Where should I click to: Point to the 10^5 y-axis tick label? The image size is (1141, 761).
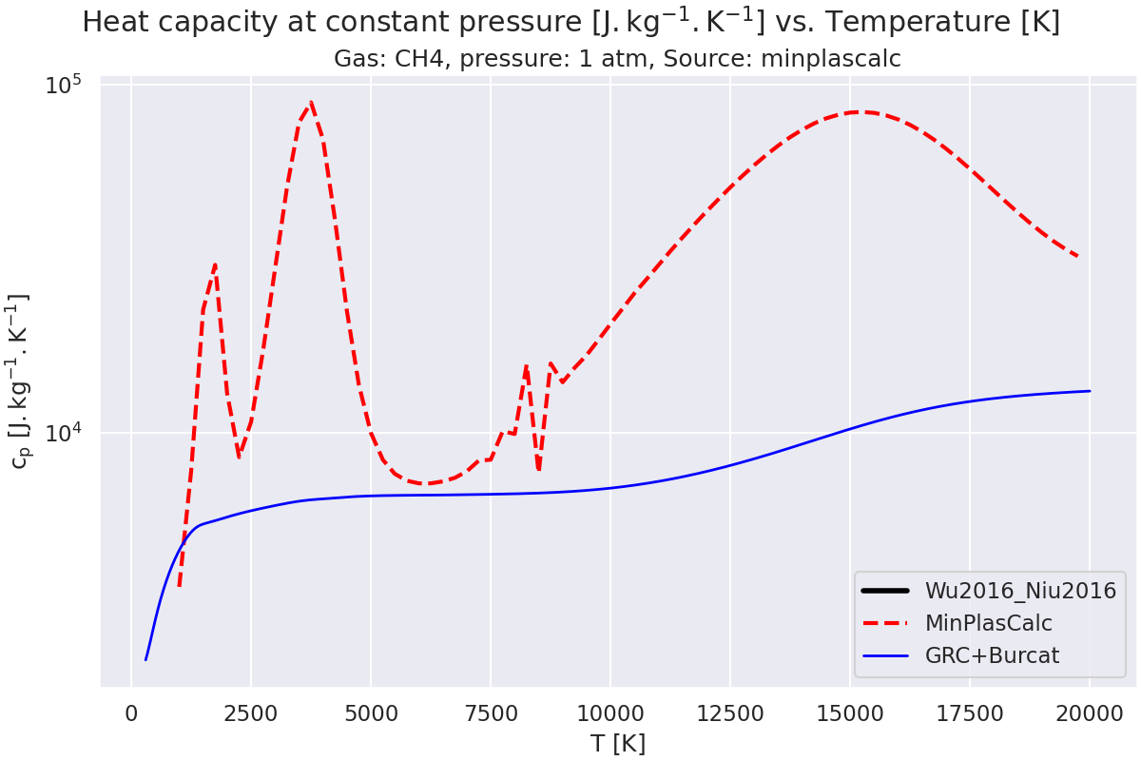pos(65,85)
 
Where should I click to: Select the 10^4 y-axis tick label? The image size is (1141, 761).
pos(65,434)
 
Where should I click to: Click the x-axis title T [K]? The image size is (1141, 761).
pos(617,743)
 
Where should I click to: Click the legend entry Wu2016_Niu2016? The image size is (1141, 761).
pos(1020,591)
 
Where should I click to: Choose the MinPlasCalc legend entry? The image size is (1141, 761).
pos(988,623)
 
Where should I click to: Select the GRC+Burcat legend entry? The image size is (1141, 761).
pos(992,655)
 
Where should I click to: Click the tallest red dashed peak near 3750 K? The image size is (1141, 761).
pos(310,102)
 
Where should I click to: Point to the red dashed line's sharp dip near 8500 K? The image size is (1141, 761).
pos(538,469)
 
